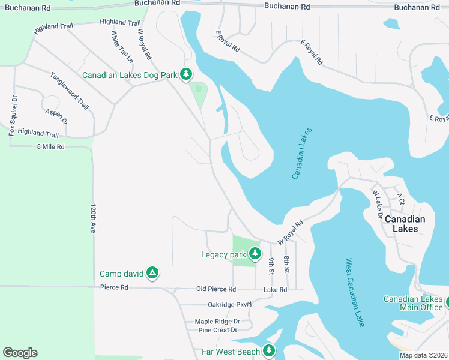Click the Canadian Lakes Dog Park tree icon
pyautogui.click(x=187, y=74)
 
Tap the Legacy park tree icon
pyautogui.click(x=255, y=254)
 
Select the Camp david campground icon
pyautogui.click(x=153, y=274)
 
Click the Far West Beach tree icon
pyautogui.click(x=268, y=351)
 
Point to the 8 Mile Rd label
pyautogui.click(x=50, y=146)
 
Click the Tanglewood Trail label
pyautogui.click(x=70, y=91)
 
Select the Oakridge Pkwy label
pyautogui.click(x=229, y=304)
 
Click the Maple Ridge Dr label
pyautogui.click(x=217, y=322)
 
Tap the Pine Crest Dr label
pyautogui.click(x=217, y=330)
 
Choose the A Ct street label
pyautogui.click(x=400, y=197)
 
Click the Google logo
pyautogui.click(x=20, y=352)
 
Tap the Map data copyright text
pyautogui.click(x=423, y=355)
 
